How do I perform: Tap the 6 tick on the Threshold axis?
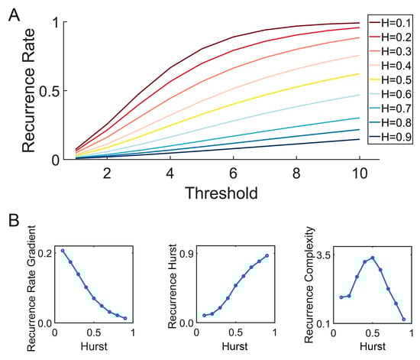pyautogui.click(x=233, y=174)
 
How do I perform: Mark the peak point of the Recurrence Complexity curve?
pyautogui.click(x=373, y=258)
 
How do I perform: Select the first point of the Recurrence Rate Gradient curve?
pyautogui.click(x=63, y=251)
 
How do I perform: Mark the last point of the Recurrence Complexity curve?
pyautogui.click(x=403, y=319)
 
